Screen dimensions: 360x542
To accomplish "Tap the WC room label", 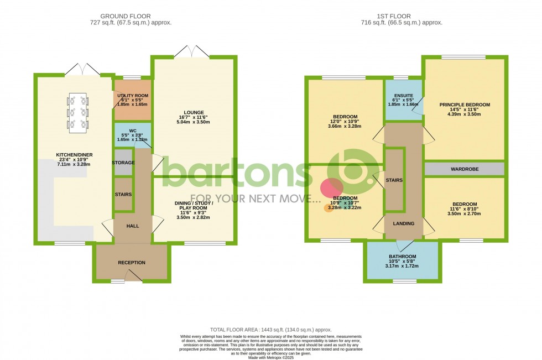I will tap(132, 131).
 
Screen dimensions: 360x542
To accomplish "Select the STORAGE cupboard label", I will tap(123, 163).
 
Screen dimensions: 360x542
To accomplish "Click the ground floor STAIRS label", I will tap(123, 195).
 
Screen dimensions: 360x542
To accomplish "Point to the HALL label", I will tap(132, 226).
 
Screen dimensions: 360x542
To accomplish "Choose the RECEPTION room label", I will tap(132, 262).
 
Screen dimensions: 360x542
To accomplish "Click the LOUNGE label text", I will tap(195, 112).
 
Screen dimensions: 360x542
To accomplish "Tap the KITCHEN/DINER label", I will tap(72, 155).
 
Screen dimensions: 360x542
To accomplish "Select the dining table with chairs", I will tap(77, 112).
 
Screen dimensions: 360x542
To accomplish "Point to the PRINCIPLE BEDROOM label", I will tap(465, 105).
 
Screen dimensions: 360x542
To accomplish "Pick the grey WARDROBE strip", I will tap(465, 169).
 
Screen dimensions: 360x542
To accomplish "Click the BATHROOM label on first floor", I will tap(402, 257).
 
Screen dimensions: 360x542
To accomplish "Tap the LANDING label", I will tap(403, 223).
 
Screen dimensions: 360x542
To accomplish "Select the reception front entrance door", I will tap(133, 276).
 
